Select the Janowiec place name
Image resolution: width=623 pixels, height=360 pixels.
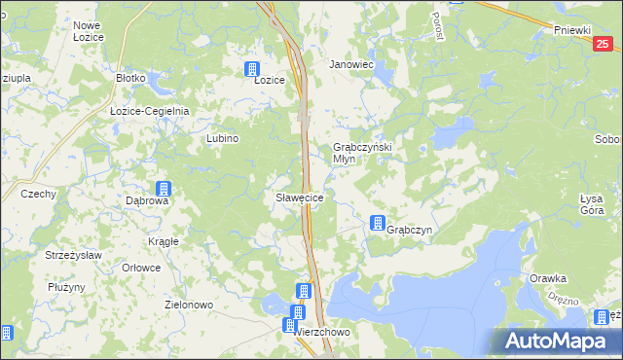point(351,64)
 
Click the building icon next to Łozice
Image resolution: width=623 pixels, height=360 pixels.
point(252,69)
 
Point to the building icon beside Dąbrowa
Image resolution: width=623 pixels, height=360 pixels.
point(164,189)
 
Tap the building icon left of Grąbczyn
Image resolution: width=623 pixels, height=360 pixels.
point(377,224)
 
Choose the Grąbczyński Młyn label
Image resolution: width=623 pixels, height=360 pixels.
point(362,153)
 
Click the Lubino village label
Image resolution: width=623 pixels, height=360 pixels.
point(222,138)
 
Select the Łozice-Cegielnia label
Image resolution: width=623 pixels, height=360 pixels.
point(149,111)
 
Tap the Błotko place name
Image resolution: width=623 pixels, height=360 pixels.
point(130,77)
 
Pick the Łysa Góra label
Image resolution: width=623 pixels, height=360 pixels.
point(592,204)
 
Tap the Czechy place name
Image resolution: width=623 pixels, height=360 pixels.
point(38,194)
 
